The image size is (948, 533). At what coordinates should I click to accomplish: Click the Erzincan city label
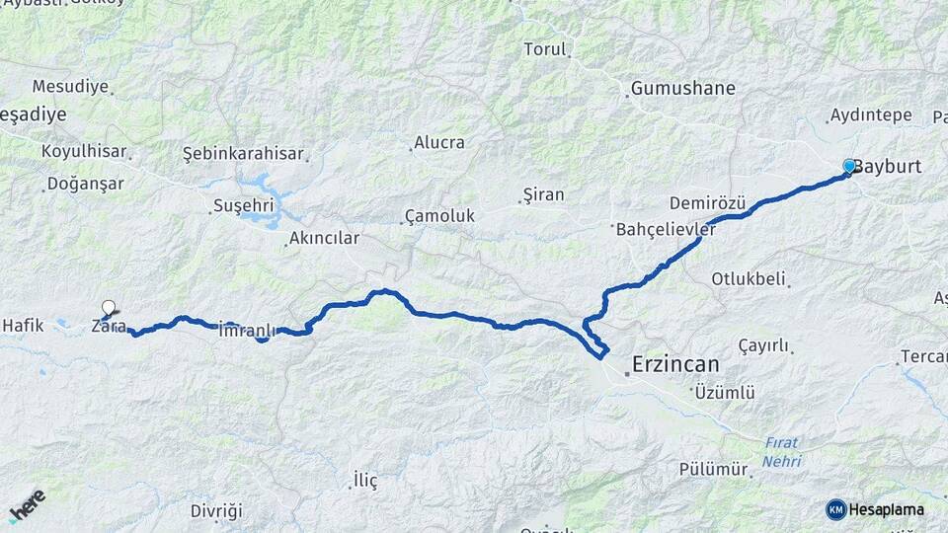pyautogui.click(x=676, y=364)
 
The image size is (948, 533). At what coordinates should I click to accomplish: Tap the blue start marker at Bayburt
pyautogui.click(x=849, y=166)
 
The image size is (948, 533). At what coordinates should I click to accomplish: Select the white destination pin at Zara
pyautogui.click(x=108, y=309)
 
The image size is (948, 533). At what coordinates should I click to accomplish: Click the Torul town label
pyautogui.click(x=545, y=49)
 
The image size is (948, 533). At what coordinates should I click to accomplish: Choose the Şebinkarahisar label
pyautogui.click(x=244, y=153)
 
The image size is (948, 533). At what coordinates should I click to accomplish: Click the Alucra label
pyautogui.click(x=439, y=142)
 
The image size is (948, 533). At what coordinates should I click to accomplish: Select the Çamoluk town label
pyautogui.click(x=439, y=215)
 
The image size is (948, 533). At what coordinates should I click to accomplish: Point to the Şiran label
pyautogui.click(x=543, y=194)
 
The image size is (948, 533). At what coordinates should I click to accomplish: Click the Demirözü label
pyautogui.click(x=707, y=202)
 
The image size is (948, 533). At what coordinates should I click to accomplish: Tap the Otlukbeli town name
pyautogui.click(x=748, y=278)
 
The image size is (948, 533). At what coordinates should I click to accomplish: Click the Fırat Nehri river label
pyautogui.click(x=781, y=452)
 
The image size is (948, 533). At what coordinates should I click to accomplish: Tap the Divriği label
pyautogui.click(x=216, y=510)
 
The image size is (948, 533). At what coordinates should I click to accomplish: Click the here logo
pyautogui.click(x=27, y=504)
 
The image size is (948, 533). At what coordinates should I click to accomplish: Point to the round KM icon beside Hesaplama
pyautogui.click(x=836, y=509)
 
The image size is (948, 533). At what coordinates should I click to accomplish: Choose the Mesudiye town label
pyautogui.click(x=70, y=87)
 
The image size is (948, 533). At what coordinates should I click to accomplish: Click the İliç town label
pyautogui.click(x=365, y=481)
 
